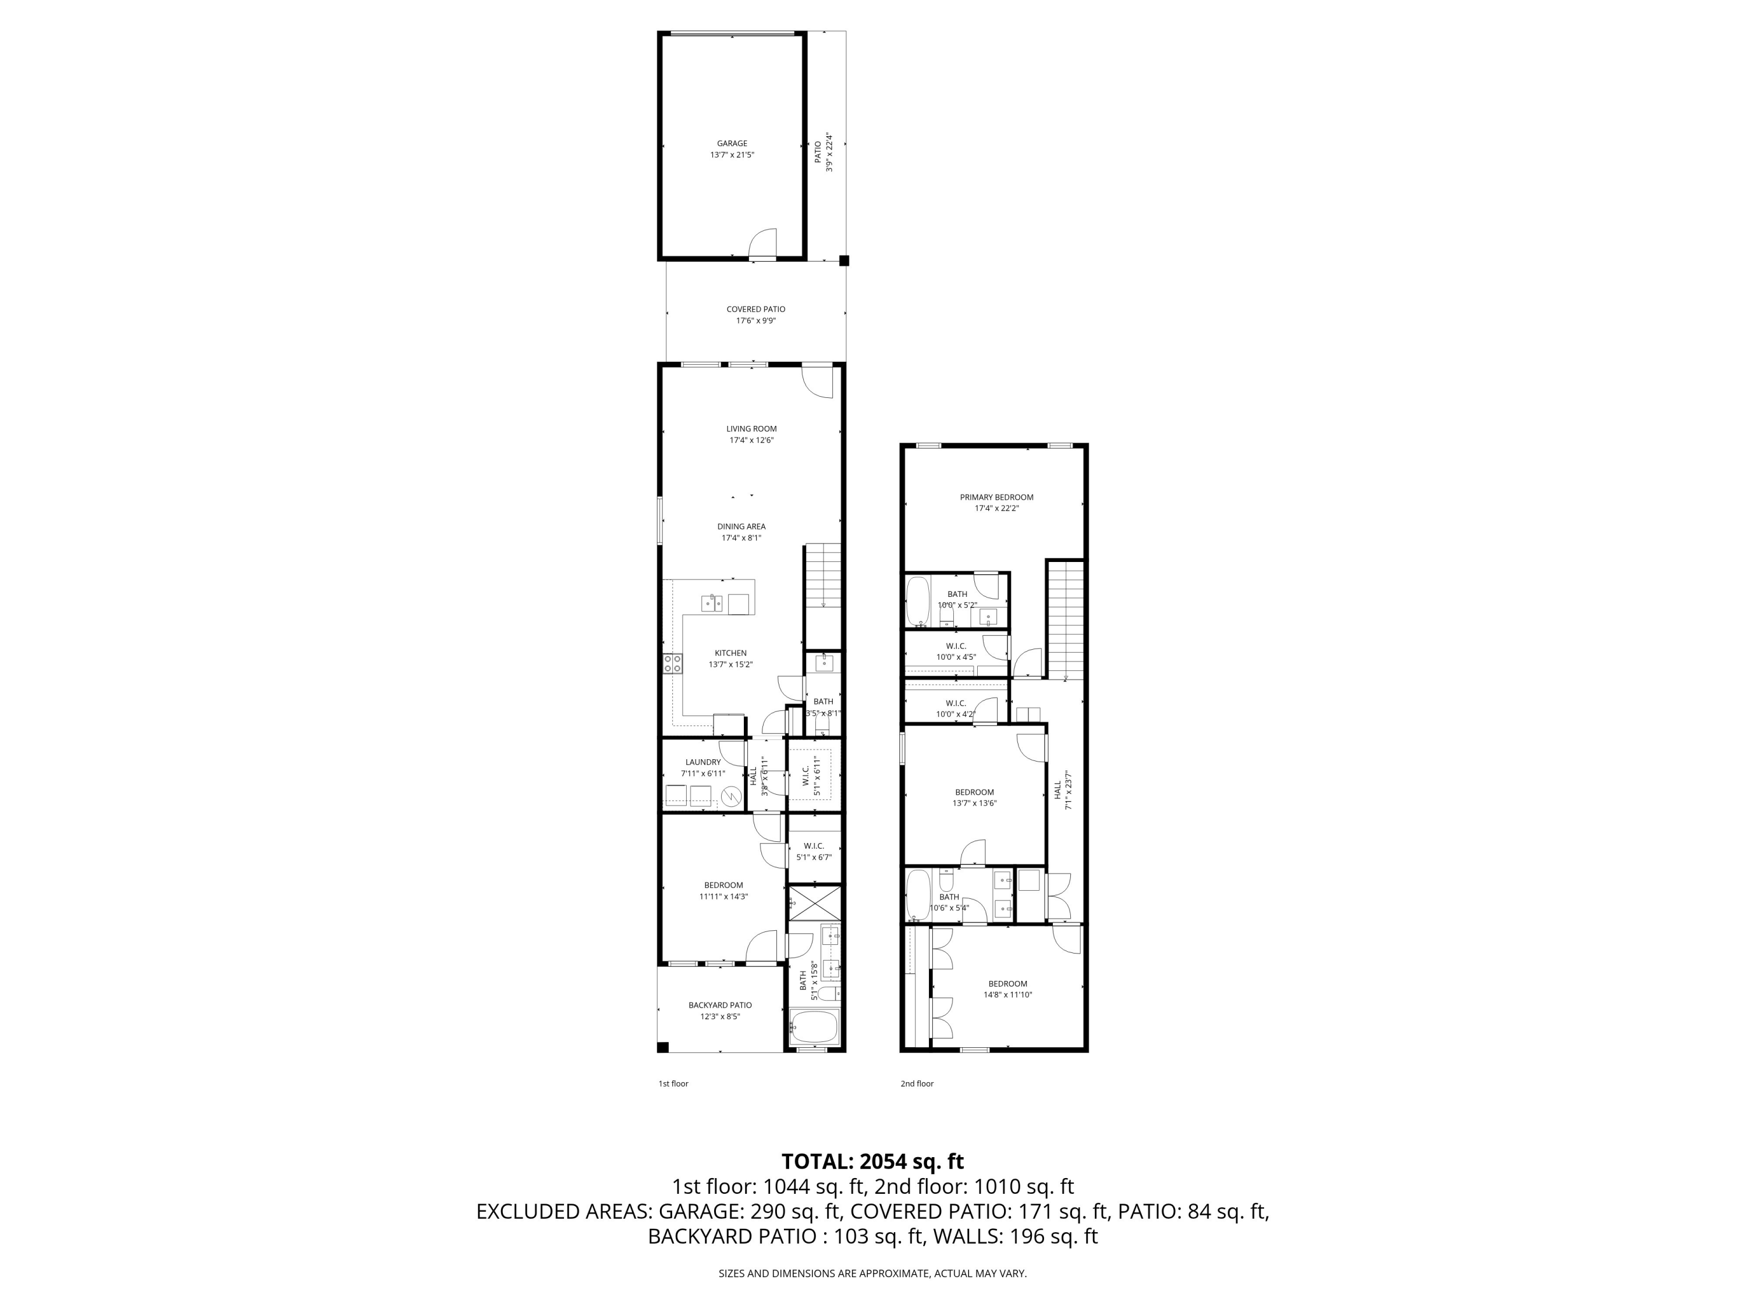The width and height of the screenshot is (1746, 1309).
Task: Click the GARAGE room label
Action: coord(732,144)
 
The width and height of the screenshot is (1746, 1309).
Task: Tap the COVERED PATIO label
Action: coord(755,310)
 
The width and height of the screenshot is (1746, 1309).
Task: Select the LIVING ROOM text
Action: coord(751,428)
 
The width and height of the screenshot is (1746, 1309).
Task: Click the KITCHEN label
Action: coord(730,653)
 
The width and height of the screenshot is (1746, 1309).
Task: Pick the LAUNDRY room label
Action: coord(702,762)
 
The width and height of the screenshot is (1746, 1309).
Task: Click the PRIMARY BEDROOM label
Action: coord(996,497)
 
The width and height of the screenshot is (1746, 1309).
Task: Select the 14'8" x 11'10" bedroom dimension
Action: coord(1007,995)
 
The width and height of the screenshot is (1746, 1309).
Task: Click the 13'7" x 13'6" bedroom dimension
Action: coord(974,803)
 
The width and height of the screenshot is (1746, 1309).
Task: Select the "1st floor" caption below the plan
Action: coord(673,1083)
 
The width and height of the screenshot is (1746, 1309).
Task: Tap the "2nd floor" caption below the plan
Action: coord(917,1083)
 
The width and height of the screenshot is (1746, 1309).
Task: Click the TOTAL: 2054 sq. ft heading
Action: coord(872,1161)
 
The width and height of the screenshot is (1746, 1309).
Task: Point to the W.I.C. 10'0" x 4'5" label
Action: coord(955,651)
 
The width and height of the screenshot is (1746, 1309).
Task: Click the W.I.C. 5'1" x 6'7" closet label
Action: coord(813,851)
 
